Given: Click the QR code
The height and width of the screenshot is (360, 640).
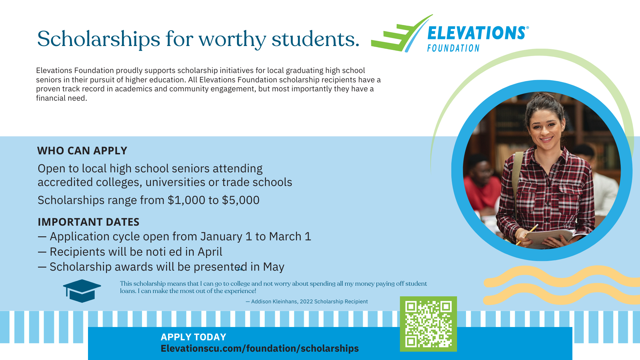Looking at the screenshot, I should [428, 324].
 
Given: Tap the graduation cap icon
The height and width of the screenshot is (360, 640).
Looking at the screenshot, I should [82, 291].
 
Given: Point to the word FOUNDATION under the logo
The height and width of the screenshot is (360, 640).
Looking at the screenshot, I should [453, 49].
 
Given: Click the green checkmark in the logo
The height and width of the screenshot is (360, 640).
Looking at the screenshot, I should [400, 37].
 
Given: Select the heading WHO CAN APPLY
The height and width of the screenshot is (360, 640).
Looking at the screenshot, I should [82, 151].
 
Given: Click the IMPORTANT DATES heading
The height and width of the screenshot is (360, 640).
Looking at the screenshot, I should [88, 222].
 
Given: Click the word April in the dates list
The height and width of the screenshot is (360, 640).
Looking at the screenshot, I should [210, 252].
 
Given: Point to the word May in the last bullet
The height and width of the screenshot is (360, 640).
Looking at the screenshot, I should [273, 267].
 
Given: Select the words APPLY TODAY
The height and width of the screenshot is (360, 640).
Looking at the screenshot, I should [193, 337].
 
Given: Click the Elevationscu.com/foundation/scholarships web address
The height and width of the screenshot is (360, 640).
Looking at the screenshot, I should [259, 348].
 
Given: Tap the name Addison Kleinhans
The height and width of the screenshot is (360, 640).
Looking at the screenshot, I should [274, 302].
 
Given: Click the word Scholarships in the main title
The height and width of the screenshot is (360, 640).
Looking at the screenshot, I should [99, 39].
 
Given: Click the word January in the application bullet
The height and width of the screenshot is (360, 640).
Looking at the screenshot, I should [221, 237].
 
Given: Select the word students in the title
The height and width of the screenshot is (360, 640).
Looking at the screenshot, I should [315, 39].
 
